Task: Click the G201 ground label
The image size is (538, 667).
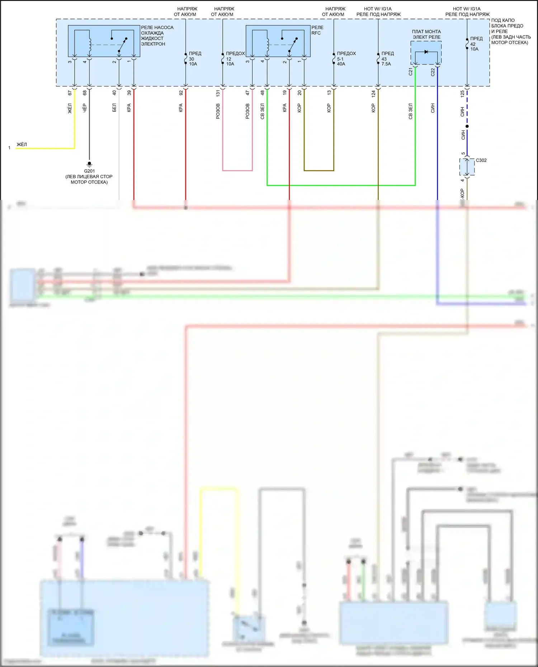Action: tap(89, 171)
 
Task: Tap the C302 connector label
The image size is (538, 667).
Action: tap(481, 160)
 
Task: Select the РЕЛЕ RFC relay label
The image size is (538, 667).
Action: tap(317, 30)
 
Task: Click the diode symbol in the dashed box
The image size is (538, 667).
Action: tap(426, 52)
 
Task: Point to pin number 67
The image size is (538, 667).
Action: tap(70, 93)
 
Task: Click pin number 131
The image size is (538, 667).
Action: tap(218, 93)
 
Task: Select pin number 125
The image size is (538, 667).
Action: tap(462, 94)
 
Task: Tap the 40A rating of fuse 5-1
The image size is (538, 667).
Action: tap(341, 64)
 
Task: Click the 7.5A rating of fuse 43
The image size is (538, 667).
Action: tap(386, 64)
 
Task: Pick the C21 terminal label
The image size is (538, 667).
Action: tap(411, 72)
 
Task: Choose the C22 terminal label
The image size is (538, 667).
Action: tap(433, 72)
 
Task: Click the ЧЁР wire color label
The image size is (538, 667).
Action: tap(85, 108)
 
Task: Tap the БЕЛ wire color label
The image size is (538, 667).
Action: tap(114, 108)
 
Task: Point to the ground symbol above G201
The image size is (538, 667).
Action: tap(89, 164)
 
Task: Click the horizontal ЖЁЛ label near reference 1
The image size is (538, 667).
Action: tap(22, 144)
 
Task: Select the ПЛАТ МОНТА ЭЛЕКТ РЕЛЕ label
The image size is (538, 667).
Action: tap(426, 34)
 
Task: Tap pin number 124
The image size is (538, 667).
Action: tap(373, 94)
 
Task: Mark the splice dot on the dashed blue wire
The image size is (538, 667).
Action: tap(467, 126)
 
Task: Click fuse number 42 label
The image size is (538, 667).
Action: tap(473, 44)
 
